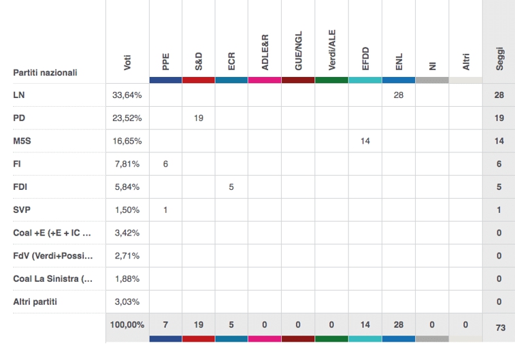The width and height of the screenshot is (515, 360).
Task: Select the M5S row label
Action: tap(22, 140)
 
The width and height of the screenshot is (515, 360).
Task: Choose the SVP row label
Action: tap(22, 210)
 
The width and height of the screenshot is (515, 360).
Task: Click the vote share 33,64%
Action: tap(127, 95)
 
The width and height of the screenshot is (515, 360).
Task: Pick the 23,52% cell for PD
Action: tap(127, 118)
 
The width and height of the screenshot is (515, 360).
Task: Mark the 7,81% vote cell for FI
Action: tap(127, 163)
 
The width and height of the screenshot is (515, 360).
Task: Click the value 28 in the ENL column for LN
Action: tap(399, 95)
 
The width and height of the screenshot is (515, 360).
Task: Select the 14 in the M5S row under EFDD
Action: tap(365, 140)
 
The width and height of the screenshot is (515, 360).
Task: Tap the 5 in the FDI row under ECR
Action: tap(232, 186)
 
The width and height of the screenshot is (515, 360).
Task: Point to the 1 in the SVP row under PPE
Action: tap(165, 210)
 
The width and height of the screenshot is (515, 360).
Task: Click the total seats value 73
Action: tap(499, 327)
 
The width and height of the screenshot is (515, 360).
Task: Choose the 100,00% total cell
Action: tap(127, 325)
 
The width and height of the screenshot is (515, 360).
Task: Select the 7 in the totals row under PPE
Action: tap(165, 325)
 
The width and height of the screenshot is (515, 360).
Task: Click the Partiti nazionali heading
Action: tap(45, 73)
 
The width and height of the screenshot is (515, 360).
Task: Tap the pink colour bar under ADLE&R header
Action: tap(265, 80)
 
